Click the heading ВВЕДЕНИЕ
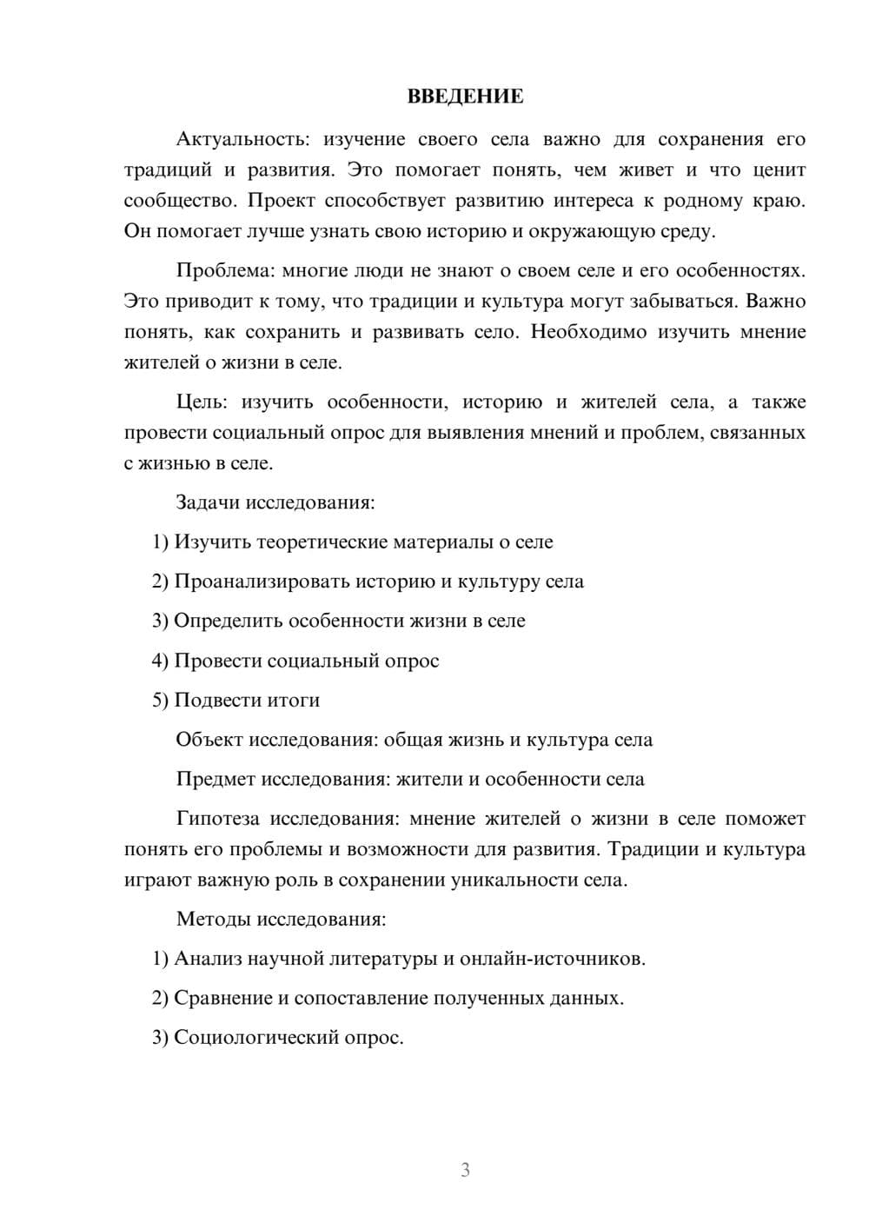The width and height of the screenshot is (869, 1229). pos(465,96)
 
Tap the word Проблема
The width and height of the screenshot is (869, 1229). pos(223,270)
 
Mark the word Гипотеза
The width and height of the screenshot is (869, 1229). pos(219,819)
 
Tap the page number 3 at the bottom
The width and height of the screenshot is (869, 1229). pos(465,1170)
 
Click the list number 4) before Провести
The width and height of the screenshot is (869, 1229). pos(160,661)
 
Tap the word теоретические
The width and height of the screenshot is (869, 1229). pos(322,542)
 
